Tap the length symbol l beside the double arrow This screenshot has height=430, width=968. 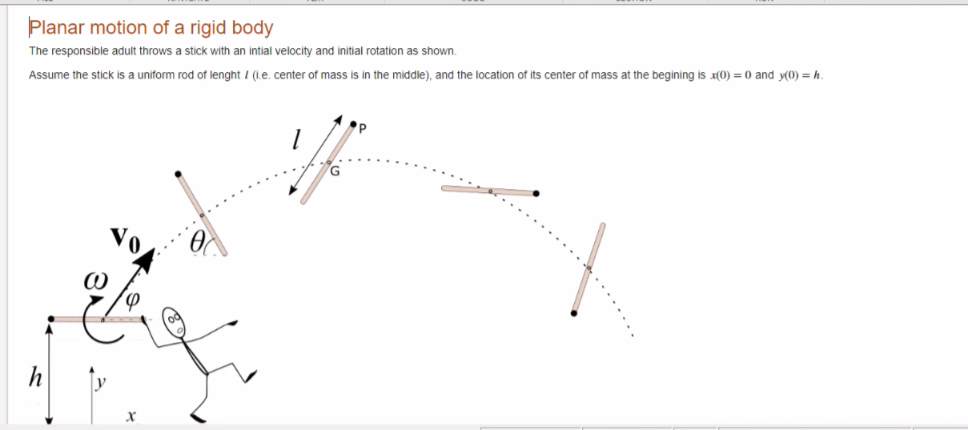pos(295,142)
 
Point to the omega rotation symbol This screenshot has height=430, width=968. pos(93,282)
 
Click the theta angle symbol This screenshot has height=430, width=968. pos(197,241)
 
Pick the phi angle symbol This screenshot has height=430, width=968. pos(133,299)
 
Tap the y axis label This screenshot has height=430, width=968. pos(101,384)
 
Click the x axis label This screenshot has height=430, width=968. pos(131,416)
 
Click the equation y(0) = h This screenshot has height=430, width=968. pos(800,75)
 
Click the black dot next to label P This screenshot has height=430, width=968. pos(353,123)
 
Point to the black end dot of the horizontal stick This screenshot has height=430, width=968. pos(536,193)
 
